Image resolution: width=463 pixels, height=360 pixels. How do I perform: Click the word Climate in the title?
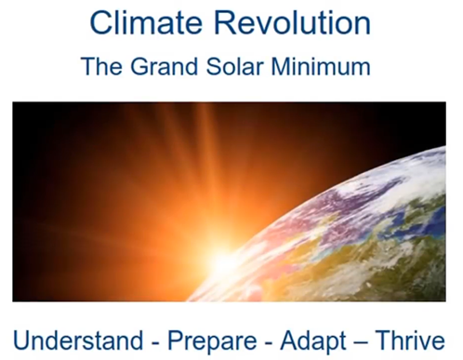pos(146,22)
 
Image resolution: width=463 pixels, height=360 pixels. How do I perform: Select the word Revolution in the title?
pos(293,22)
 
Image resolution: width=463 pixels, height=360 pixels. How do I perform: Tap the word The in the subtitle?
pos(101,66)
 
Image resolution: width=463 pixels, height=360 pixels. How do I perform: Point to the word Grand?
pos(164,66)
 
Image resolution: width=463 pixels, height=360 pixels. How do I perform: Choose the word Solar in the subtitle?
pos(235,66)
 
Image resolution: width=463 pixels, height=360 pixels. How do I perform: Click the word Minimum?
pos(321,66)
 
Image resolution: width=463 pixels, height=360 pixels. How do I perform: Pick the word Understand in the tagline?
pos(78,340)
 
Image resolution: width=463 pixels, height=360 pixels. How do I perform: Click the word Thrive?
pos(410,340)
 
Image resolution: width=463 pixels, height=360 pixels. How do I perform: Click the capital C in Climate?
pos(101,22)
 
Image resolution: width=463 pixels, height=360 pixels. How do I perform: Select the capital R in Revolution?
pos(226,22)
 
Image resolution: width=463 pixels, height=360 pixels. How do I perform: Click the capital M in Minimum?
pos(282,66)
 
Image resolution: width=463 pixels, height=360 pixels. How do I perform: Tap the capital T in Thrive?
pos(384,340)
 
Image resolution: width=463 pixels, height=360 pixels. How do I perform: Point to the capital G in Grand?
pos(139,66)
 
